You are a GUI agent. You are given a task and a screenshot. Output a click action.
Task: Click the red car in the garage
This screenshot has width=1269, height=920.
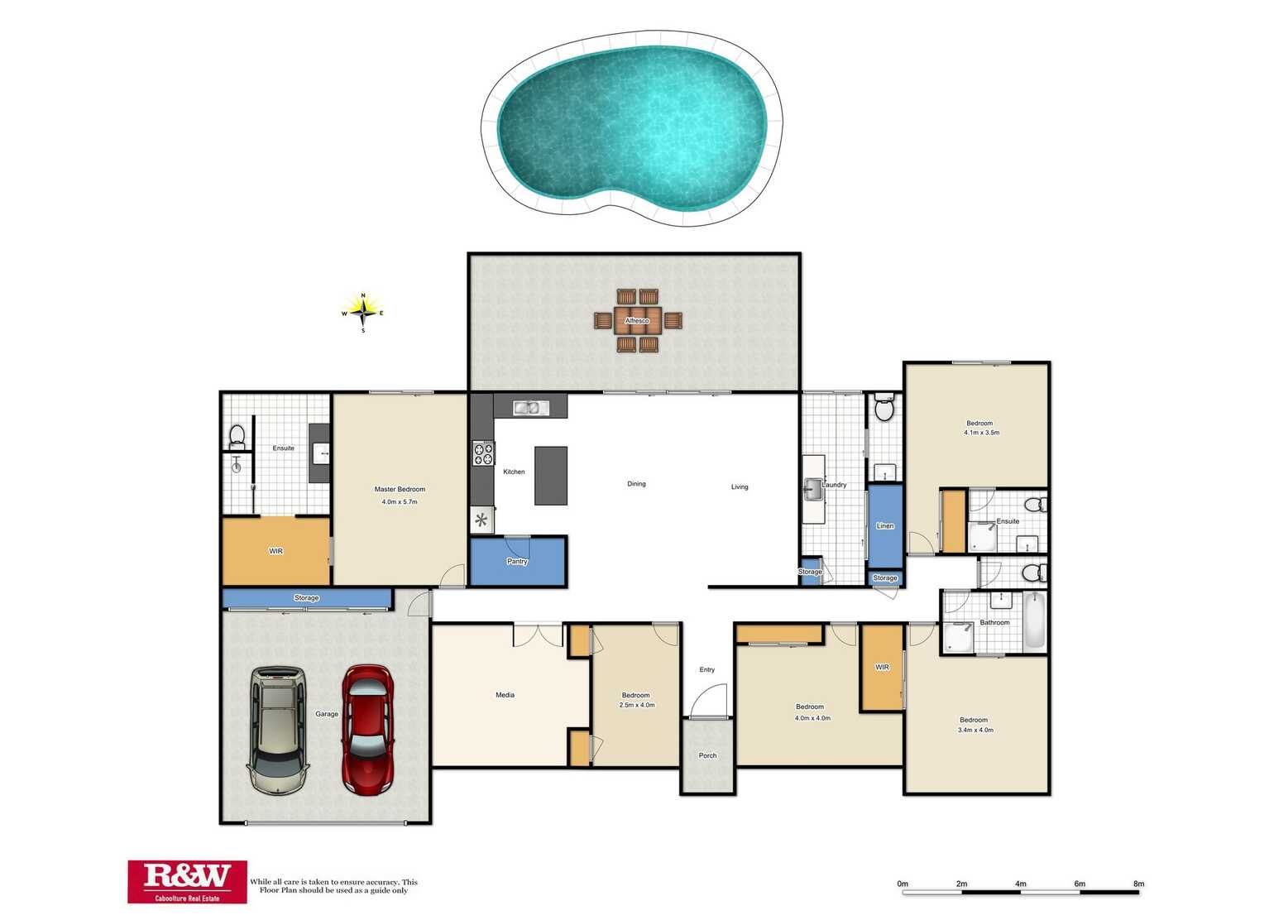pyautogui.click(x=367, y=730)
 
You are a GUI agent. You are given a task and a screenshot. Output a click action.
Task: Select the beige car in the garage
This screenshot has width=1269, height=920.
pyautogui.click(x=278, y=731)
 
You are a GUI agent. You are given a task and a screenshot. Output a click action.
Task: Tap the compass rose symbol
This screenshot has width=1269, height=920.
pyautogui.click(x=363, y=312)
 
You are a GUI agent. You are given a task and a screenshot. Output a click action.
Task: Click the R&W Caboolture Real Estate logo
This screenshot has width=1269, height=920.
pyautogui.click(x=187, y=881)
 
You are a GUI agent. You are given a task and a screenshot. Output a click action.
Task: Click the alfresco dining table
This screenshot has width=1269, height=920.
pyautogui.click(x=637, y=321)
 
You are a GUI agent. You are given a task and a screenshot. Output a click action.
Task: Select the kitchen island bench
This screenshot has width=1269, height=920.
pyautogui.click(x=551, y=475)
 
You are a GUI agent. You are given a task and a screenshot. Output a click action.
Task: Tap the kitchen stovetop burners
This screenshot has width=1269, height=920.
pyautogui.click(x=483, y=453)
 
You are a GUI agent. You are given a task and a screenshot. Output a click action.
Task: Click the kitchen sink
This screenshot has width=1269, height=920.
pyautogui.click(x=531, y=407)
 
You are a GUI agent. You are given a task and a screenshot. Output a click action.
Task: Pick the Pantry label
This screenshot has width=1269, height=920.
pyautogui.click(x=517, y=561)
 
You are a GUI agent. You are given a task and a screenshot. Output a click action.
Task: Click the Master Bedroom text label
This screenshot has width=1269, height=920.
pyautogui.click(x=400, y=489)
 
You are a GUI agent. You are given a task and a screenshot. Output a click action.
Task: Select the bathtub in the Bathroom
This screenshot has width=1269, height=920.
pyautogui.click(x=1035, y=620)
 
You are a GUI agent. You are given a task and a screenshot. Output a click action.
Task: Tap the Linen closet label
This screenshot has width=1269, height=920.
pyautogui.click(x=885, y=525)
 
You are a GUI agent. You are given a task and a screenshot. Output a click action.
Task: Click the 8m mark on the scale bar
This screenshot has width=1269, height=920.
pyautogui.click(x=1138, y=884)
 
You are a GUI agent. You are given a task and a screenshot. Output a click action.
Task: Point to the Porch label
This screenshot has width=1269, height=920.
pyautogui.click(x=707, y=755)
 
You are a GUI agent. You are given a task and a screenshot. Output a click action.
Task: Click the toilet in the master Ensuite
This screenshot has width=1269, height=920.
pyautogui.click(x=237, y=438)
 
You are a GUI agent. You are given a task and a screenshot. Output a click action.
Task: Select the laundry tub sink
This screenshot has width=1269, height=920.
pyautogui.click(x=813, y=490)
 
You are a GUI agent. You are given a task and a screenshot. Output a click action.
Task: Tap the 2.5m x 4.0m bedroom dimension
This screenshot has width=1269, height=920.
pyautogui.click(x=637, y=705)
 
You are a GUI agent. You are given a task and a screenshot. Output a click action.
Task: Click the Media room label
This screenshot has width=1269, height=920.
pyautogui.click(x=505, y=694)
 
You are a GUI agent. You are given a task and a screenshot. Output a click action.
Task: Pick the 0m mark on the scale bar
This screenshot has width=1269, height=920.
pyautogui.click(x=903, y=884)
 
